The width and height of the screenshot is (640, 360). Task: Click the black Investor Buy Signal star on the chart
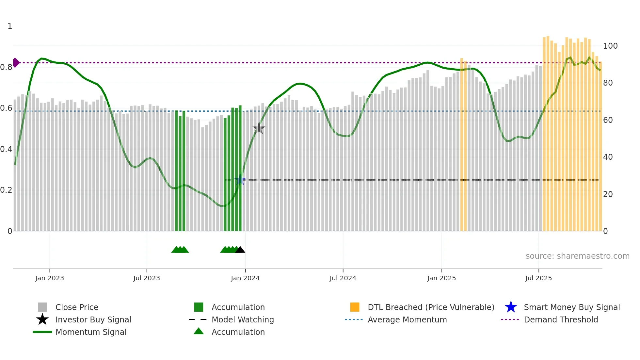(x=259, y=128)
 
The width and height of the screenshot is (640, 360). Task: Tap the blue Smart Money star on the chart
(x=240, y=180)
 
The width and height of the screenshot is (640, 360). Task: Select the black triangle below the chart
(x=240, y=250)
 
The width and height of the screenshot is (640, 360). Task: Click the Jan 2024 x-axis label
(x=245, y=278)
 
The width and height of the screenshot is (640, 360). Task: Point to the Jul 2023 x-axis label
(x=147, y=278)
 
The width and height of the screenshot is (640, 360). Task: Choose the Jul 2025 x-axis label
(x=538, y=278)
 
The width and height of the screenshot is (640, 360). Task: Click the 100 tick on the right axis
(x=610, y=46)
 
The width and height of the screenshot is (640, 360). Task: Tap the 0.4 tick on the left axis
(x=6, y=149)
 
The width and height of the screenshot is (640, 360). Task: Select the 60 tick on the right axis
(x=608, y=120)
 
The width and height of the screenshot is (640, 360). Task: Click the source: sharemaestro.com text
(x=577, y=256)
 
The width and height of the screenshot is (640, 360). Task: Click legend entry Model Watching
(x=242, y=319)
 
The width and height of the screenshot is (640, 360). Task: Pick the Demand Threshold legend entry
(x=561, y=319)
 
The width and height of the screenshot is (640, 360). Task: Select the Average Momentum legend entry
(x=407, y=319)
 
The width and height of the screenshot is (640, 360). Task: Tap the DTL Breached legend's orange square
(x=355, y=307)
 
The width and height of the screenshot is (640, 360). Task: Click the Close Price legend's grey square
(x=42, y=307)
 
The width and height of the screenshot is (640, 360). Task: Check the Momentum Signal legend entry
(x=91, y=332)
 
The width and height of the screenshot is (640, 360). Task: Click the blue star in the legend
(x=511, y=307)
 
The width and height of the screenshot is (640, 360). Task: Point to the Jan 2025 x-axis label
(x=441, y=278)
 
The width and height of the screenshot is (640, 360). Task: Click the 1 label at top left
(x=10, y=26)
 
